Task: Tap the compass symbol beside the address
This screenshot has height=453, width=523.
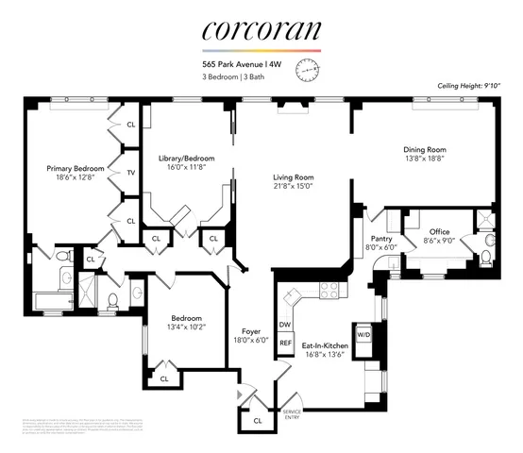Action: tap(308, 69)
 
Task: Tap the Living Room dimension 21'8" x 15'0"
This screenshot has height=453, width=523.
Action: tap(293, 187)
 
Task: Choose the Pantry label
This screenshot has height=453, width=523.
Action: tap(382, 240)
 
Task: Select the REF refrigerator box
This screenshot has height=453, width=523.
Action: tap(284, 344)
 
